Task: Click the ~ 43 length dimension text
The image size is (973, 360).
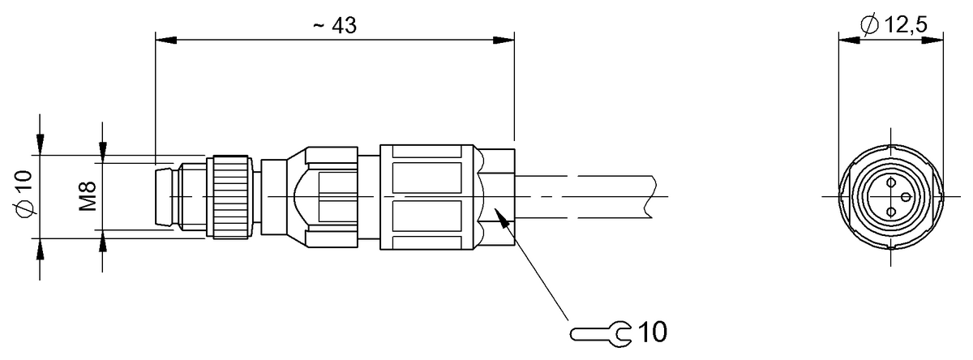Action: (334, 25)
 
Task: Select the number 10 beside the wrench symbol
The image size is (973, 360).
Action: (654, 332)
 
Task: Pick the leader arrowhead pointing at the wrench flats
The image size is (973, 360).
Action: (500, 214)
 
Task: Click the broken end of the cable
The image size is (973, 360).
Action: (651, 196)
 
